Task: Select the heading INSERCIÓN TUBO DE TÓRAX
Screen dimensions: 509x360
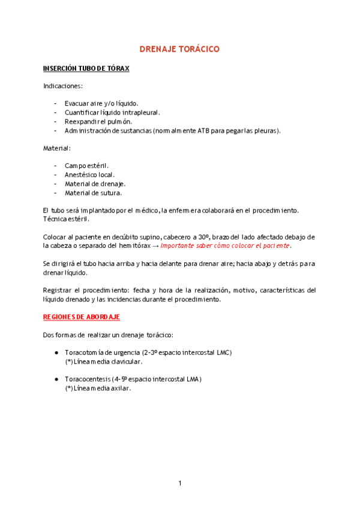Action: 86,68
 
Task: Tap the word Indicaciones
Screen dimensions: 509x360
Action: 63,86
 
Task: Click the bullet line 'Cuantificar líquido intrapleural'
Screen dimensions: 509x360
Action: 112,112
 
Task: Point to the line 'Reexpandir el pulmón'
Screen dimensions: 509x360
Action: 98,121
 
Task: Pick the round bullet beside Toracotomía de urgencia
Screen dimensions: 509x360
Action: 56,352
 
